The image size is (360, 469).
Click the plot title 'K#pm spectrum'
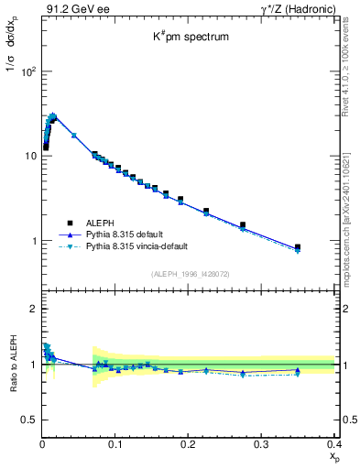pos(190,38)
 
